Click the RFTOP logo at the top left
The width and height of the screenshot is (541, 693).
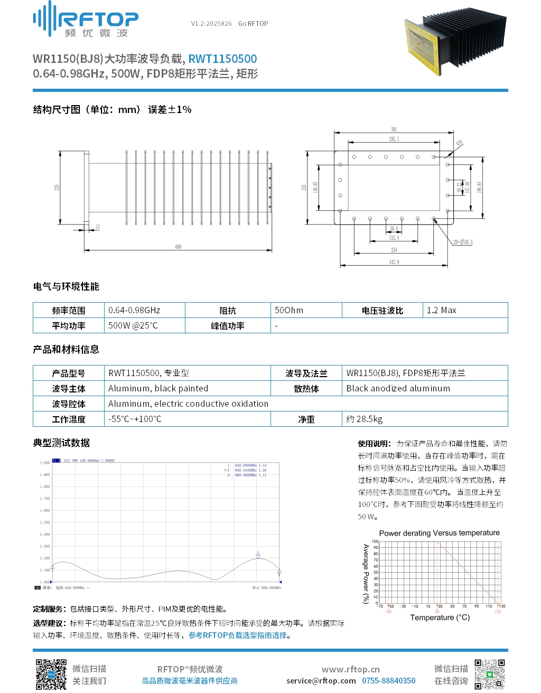coord(86,20)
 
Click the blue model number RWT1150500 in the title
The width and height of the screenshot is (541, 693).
coord(222,59)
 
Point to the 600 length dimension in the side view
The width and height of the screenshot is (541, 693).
coord(178,247)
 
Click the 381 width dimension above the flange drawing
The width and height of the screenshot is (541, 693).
coord(394,129)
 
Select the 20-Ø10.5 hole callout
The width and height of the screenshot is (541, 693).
coord(463,242)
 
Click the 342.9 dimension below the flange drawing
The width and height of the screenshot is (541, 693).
coord(394,262)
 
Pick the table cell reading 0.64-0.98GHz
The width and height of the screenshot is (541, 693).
coord(134,310)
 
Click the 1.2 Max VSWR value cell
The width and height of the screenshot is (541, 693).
coord(441,310)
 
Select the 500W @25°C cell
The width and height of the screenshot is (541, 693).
coord(133,325)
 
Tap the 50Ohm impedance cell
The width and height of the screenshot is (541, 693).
coord(289,310)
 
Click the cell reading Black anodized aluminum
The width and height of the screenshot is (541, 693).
coord(398,388)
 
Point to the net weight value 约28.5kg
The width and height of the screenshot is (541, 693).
coord(365,419)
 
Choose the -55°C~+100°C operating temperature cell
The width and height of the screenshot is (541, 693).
coord(135,419)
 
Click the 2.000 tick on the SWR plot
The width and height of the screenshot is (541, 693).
coord(45,463)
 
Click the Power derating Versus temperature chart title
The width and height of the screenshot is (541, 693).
coord(439,533)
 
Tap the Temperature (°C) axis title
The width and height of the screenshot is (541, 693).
coord(440,617)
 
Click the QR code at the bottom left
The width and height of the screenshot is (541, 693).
coord(51,674)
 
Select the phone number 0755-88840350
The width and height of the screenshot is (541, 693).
coord(388,681)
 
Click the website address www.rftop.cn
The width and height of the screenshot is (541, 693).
coord(350,669)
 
